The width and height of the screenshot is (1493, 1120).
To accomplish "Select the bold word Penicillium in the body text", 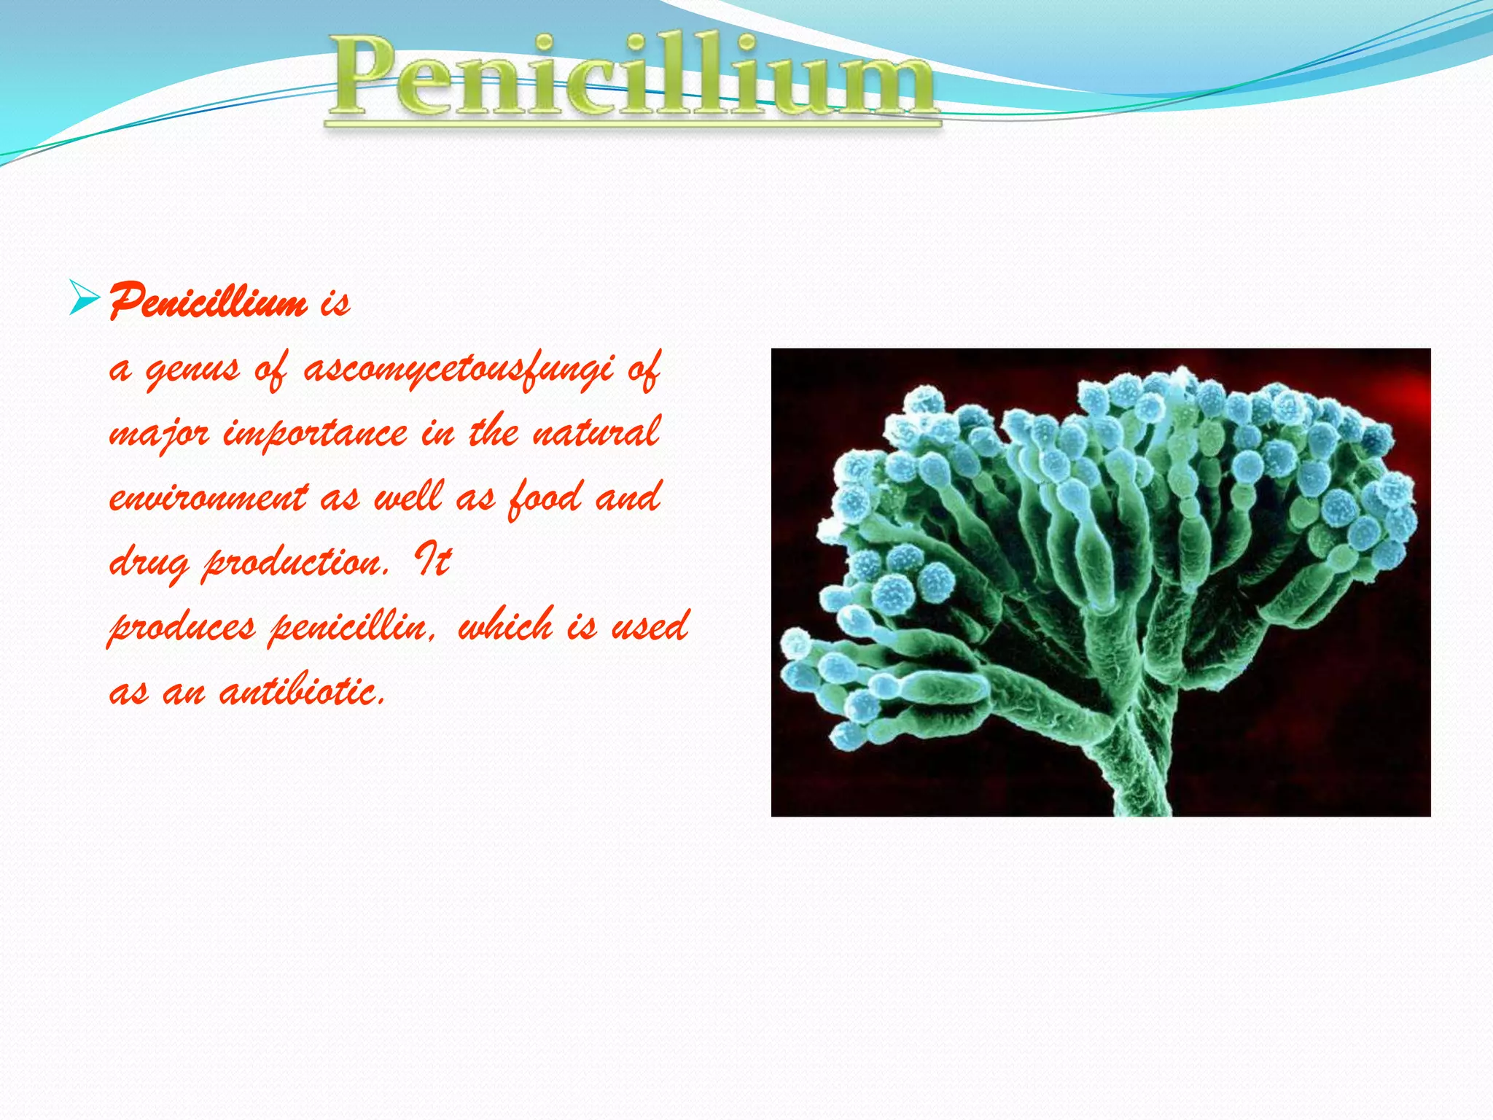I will point(208,301).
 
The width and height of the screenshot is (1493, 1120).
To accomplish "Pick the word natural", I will point(596,432).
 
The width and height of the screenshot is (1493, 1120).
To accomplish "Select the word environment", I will point(208,498).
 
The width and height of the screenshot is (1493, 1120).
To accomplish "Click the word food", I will point(545,498).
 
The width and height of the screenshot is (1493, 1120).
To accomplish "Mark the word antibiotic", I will point(302,691).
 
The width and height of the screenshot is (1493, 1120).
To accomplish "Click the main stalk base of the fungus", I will point(1137,787).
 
